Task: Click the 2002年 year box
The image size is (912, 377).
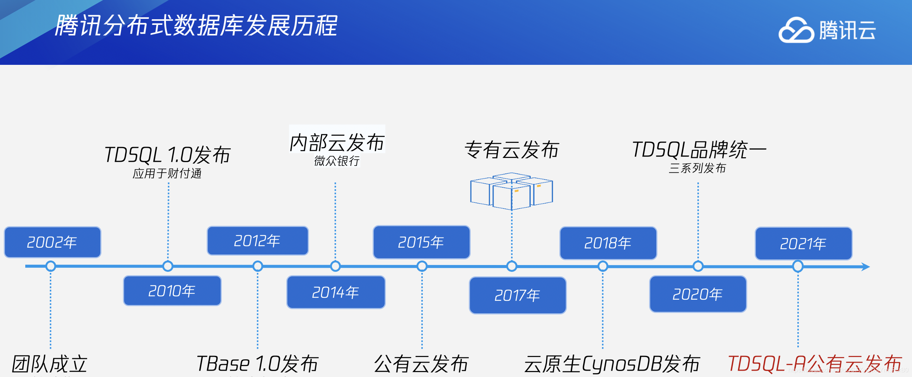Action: pos(52,242)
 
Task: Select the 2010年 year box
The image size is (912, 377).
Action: pos(172,291)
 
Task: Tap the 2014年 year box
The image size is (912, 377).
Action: pos(336,292)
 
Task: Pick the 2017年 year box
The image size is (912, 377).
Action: pos(517,295)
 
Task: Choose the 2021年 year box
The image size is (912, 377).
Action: pos(803,244)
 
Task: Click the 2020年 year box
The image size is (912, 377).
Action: pos(698,294)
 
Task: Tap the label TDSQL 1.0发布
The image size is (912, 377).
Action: pos(167,155)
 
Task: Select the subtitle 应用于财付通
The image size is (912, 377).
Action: pos(167,173)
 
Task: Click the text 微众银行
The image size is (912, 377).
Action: pos(337,161)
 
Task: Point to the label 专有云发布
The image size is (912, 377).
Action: pos(511,150)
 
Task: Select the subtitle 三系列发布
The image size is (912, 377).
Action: pos(697,168)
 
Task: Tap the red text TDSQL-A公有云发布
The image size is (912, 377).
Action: pos(815,364)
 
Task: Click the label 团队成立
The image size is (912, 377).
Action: pos(50,364)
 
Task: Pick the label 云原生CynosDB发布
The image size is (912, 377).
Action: pos(612,364)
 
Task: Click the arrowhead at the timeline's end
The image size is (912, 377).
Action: pos(866,267)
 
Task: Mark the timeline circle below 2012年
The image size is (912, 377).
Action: pos(258,266)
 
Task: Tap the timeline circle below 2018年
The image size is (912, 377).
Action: pos(603,266)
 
